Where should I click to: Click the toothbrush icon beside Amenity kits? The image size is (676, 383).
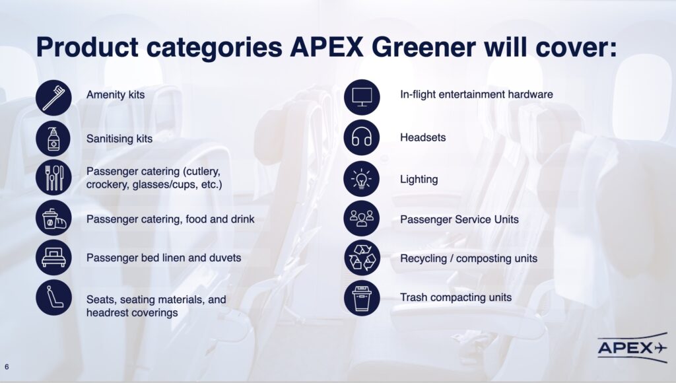(53, 98)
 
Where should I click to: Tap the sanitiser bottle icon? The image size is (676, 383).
(53, 139)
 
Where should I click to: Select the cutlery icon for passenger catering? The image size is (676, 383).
(53, 178)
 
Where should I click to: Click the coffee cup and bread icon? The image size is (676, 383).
(53, 218)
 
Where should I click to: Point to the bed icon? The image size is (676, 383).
(53, 258)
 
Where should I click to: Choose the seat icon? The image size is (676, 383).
(53, 298)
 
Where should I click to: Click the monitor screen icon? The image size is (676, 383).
(362, 97)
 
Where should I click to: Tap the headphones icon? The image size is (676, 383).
(362, 137)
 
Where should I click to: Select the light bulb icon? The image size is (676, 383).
(362, 178)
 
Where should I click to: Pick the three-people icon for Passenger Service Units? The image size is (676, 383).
(362, 218)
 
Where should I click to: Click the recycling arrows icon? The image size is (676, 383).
(362, 258)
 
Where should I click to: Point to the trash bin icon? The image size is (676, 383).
(362, 298)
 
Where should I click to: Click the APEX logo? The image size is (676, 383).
(632, 347)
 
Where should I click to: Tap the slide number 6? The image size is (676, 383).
(7, 367)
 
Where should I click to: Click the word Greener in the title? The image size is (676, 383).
(423, 48)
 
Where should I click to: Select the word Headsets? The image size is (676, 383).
(423, 137)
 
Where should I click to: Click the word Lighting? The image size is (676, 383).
(419, 180)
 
